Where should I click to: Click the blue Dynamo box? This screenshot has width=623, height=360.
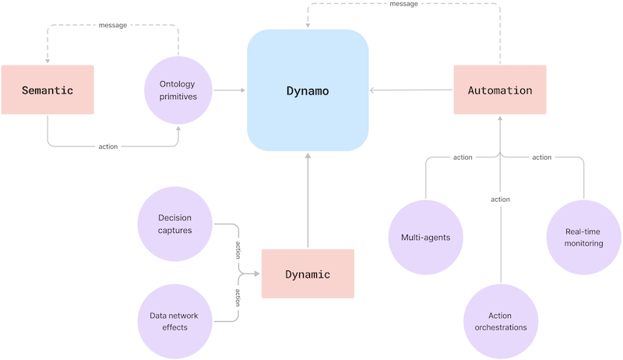308,90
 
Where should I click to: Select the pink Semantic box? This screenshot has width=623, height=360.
48,90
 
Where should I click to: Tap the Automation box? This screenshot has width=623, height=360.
500,90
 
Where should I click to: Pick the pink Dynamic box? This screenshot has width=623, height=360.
308,274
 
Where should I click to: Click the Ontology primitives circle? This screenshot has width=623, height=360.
179,91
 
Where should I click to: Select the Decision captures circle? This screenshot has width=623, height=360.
174,224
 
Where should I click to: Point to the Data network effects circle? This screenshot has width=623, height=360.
174,321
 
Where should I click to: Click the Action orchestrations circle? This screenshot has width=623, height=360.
500,321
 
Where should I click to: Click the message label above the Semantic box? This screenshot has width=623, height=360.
113,25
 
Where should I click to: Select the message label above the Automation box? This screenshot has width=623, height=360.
403,4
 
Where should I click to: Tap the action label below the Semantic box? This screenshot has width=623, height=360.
108,146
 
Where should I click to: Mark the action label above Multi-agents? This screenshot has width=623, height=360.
463,157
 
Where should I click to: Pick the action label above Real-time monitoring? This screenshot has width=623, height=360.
541,157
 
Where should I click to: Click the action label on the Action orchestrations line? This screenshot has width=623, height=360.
500,199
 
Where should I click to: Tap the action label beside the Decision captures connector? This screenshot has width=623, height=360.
238,249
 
